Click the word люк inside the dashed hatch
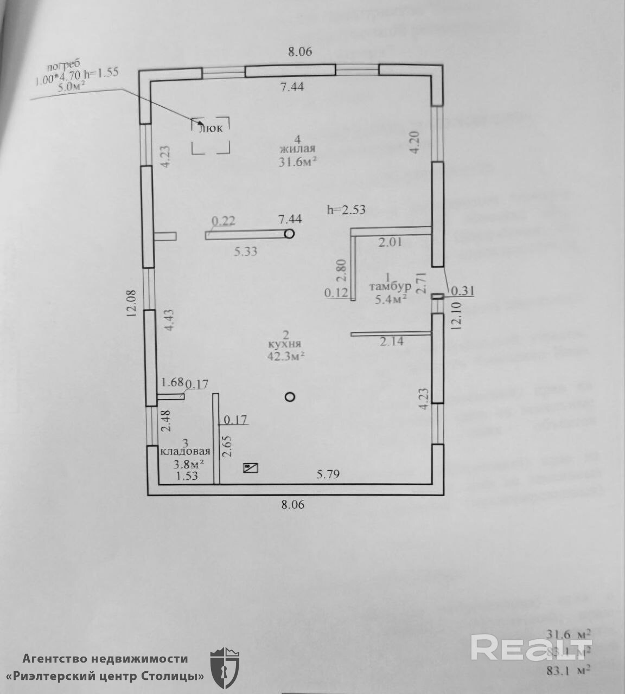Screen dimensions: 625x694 (x=211, y=128)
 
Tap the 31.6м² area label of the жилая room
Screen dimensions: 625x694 (x=298, y=162)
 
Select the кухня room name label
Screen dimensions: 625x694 (x=284, y=344)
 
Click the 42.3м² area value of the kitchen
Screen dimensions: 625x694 (x=285, y=356)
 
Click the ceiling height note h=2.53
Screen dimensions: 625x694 (x=346, y=209)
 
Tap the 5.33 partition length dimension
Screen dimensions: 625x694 (x=245, y=251)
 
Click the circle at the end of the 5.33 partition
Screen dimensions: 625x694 (x=289, y=234)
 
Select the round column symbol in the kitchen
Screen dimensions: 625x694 (x=290, y=397)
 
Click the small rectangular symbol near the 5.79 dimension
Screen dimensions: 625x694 (x=251, y=467)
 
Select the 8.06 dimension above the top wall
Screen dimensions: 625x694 (x=300, y=52)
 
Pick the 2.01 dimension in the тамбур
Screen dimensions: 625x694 (x=391, y=242)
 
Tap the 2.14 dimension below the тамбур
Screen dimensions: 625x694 (x=392, y=342)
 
